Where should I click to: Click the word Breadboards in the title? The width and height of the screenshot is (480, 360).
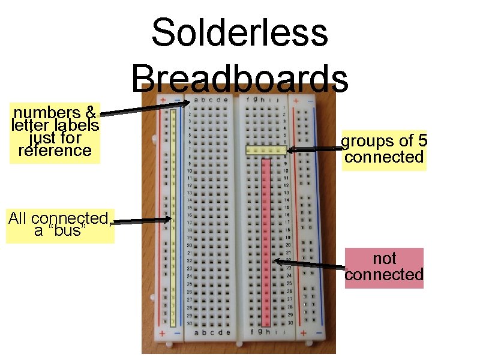(239, 78)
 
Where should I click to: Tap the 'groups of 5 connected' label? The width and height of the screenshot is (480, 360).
(384, 149)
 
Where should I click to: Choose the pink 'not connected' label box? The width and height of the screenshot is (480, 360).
(384, 267)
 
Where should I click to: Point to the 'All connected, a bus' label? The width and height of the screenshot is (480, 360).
(59, 225)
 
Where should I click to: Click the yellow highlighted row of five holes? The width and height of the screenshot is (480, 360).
(265, 151)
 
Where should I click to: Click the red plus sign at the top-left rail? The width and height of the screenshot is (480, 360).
(162, 100)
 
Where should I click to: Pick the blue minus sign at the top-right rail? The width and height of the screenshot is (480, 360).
(310, 101)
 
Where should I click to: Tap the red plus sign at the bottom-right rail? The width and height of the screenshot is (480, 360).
(303, 332)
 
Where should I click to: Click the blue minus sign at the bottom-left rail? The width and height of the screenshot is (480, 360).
(178, 333)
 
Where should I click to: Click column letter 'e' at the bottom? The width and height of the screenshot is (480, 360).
(227, 332)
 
